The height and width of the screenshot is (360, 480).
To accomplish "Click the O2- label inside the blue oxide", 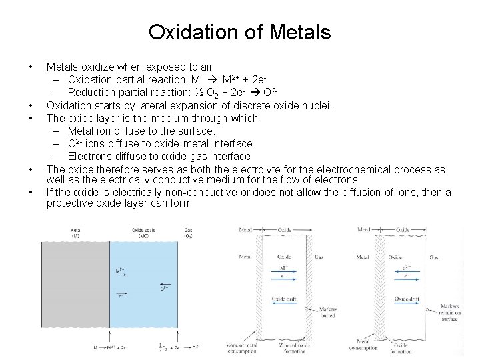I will point(164,289).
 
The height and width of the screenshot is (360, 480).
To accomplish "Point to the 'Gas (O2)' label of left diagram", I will point(190,234).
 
